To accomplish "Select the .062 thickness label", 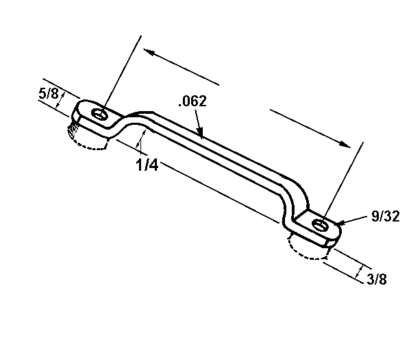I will coord(191,101).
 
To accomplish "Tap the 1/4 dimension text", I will coord(147,165).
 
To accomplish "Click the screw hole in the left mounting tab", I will coord(101,113).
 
